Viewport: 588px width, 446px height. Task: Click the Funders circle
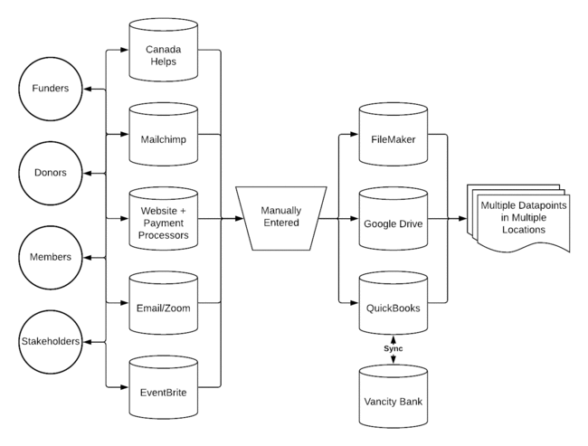click(51, 89)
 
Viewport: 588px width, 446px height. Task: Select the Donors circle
click(51, 173)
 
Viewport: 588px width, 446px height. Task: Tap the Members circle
click(51, 257)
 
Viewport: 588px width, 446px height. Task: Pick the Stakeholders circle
click(51, 342)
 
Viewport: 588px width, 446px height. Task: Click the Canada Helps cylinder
click(164, 50)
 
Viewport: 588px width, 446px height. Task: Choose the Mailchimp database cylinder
click(164, 134)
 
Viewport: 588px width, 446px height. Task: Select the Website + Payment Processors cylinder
click(164, 218)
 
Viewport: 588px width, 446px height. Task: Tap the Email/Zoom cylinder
click(164, 303)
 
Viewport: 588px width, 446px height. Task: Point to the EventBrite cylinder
click(164, 387)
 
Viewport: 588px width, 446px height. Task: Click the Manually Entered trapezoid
click(281, 218)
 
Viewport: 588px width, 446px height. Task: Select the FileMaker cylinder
click(394, 134)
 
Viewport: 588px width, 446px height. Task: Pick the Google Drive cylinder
click(394, 218)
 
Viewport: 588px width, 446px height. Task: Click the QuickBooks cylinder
click(394, 303)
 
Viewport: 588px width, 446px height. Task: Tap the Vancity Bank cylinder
click(394, 396)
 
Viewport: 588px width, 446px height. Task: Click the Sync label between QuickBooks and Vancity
click(394, 348)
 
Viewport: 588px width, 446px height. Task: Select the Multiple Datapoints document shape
click(518, 217)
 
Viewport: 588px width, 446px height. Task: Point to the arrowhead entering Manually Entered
click(239, 218)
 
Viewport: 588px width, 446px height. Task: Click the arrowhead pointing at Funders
click(88, 90)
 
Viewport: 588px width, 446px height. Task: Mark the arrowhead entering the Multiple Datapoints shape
click(462, 218)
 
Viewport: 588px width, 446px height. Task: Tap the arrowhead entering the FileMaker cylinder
click(355, 134)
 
